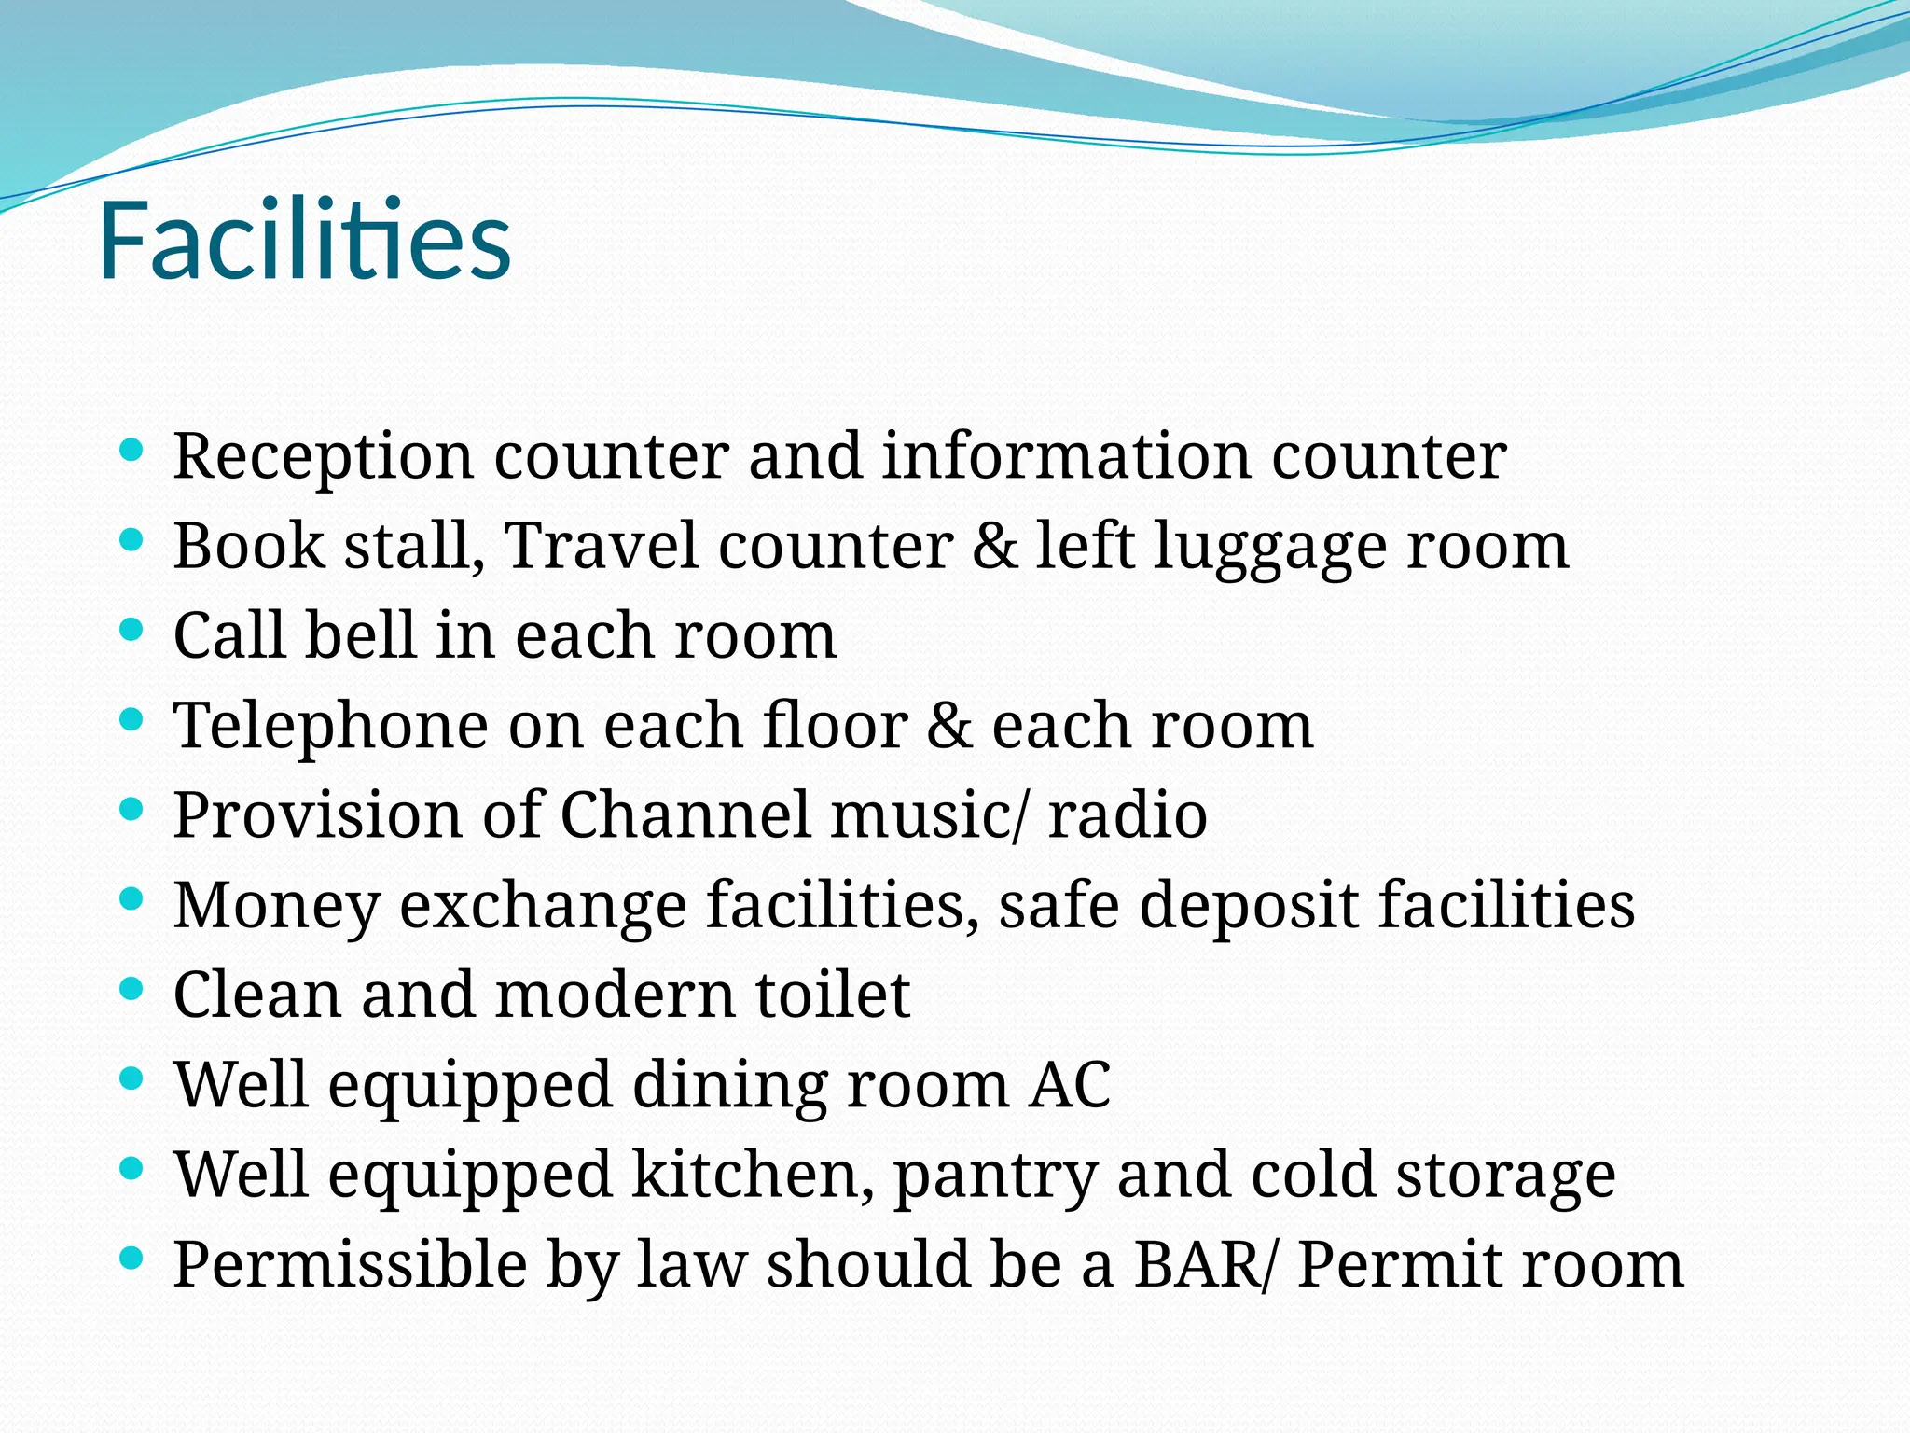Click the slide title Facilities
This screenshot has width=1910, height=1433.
point(304,241)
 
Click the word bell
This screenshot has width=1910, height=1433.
point(360,635)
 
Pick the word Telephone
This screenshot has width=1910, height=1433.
point(330,726)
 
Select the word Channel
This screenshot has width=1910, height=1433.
point(685,814)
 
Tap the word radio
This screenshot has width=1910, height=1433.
point(1128,814)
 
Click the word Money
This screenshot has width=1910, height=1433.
point(277,906)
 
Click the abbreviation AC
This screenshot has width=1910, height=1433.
point(1070,1084)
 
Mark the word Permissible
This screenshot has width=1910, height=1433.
point(351,1264)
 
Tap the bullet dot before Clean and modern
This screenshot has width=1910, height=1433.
point(131,989)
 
